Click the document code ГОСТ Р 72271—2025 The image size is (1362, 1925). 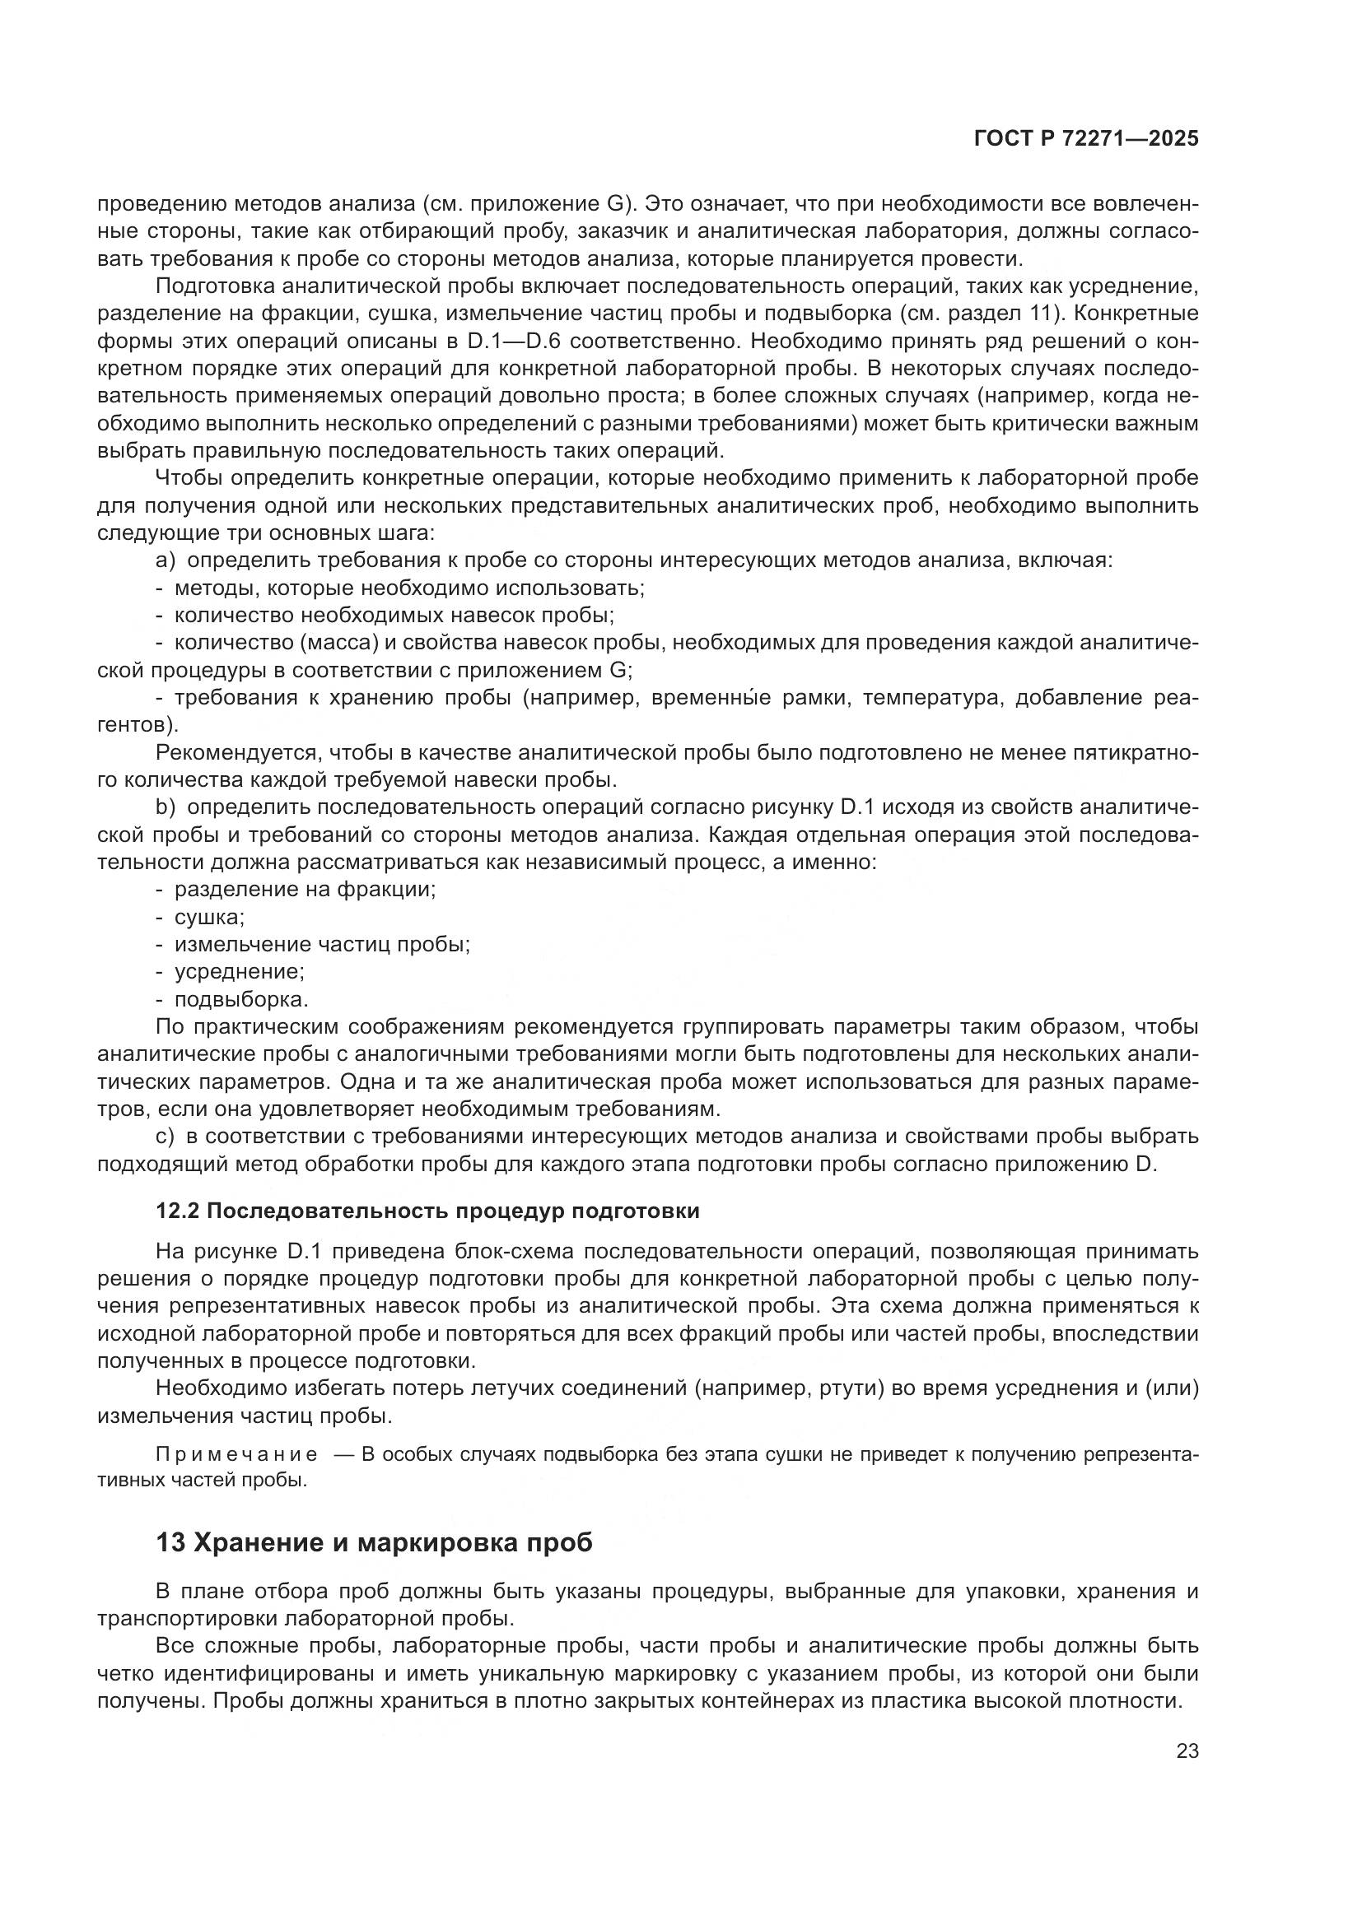1085,139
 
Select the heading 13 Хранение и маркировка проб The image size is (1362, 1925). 374,1542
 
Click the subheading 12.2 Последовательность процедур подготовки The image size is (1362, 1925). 427,1211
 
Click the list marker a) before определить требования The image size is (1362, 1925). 166,560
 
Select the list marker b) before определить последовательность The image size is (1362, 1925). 166,807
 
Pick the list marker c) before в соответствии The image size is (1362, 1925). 166,1137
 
